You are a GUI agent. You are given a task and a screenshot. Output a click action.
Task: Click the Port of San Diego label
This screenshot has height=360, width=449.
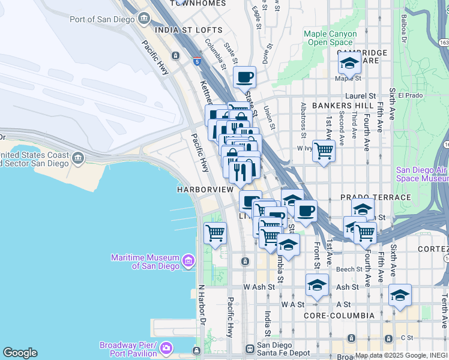pos(102,19)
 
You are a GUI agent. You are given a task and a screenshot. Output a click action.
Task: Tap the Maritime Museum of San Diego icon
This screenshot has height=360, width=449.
pos(189,260)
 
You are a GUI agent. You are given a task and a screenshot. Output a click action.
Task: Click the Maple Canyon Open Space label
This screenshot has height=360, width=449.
pos(330,38)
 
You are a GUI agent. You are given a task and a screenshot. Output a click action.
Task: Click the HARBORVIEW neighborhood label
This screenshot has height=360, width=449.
pos(205,189)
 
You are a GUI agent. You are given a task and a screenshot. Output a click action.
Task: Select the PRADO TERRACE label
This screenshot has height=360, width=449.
pos(375,197)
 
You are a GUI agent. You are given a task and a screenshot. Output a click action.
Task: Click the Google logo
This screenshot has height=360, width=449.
pos(20,353)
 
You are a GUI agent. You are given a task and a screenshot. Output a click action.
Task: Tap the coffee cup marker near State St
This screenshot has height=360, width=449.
pos(244,78)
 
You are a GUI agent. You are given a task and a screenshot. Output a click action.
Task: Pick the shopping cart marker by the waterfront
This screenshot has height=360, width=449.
pos(215,233)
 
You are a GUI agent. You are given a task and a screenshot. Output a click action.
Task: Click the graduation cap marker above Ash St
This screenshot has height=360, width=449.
pos(317,285)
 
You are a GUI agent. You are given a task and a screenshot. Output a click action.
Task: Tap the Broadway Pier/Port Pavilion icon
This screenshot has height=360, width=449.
pos(166,347)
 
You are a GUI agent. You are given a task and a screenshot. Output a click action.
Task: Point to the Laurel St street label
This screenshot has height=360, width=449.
pos(360,95)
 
